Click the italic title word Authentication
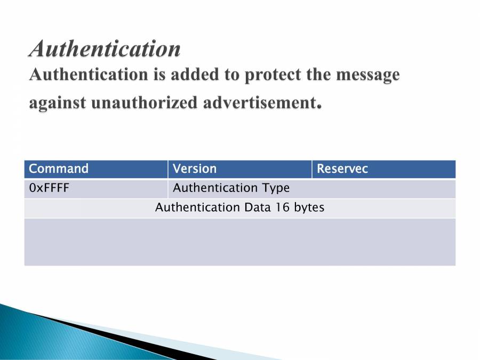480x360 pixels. click(x=105, y=49)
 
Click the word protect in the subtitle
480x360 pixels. click(x=278, y=75)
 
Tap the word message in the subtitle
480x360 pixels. click(x=367, y=75)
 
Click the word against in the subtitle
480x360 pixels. click(x=58, y=102)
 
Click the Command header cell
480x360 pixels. click(x=96, y=169)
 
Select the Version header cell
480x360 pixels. click(x=239, y=169)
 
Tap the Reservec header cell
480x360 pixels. click(x=383, y=169)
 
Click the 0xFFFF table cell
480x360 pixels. click(x=96, y=188)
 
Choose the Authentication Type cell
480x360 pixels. click(x=311, y=188)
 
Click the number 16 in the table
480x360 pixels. click(x=282, y=207)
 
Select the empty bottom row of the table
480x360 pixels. click(x=239, y=242)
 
